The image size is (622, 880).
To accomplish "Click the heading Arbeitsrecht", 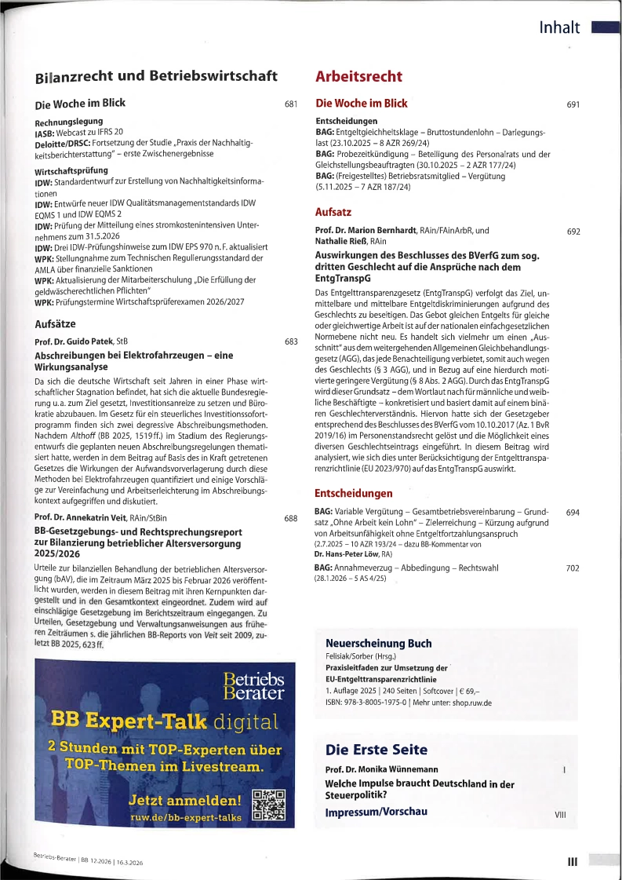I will pyautogui.click(x=358, y=77).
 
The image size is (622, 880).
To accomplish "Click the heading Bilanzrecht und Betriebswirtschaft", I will pyautogui.click(x=156, y=77).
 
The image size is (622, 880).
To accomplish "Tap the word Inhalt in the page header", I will pyautogui.click(x=559, y=29).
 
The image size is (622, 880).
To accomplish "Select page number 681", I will pyautogui.click(x=291, y=104).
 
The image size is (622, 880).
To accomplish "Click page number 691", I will pyautogui.click(x=573, y=104).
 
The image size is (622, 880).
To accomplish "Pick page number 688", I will pyautogui.click(x=291, y=519).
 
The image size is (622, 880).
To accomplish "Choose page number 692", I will pyautogui.click(x=573, y=232).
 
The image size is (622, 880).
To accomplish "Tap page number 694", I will pyautogui.click(x=573, y=512).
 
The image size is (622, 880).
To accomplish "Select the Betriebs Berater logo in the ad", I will pyautogui.click(x=253, y=686).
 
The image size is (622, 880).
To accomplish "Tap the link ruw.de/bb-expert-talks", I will pyautogui.click(x=186, y=817).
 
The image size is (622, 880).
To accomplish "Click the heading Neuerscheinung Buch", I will pyautogui.click(x=378, y=643).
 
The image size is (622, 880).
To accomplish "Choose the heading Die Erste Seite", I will pyautogui.click(x=376, y=749).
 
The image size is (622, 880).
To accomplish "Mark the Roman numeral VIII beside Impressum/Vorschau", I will pyautogui.click(x=560, y=815).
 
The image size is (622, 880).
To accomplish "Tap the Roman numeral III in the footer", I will pyautogui.click(x=573, y=861).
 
